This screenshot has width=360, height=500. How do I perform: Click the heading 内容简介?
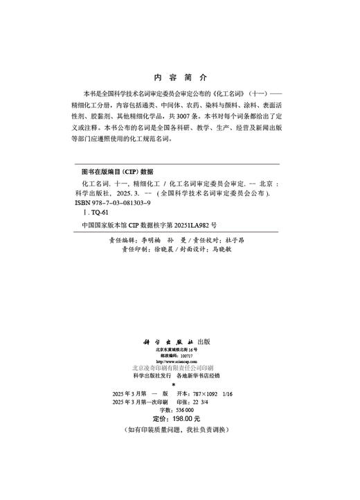click(179, 78)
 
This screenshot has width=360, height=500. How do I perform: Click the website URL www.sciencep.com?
click(179, 361)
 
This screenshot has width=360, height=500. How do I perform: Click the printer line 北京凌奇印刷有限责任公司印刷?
click(179, 368)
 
